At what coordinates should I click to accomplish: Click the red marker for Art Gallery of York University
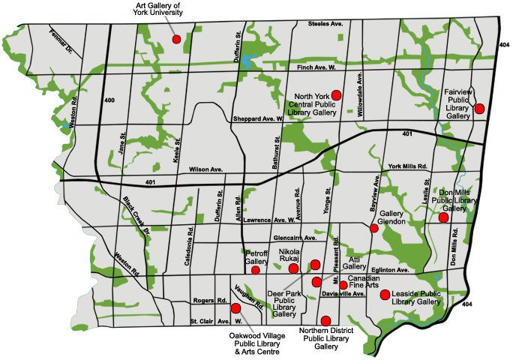pyautogui.click(x=176, y=39)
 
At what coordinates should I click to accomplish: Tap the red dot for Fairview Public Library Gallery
pyautogui.click(x=479, y=109)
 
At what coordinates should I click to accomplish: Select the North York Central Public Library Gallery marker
pyautogui.click(x=337, y=94)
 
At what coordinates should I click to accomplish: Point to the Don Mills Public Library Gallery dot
pyautogui.click(x=443, y=217)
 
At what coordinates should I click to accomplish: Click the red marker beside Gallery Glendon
pyautogui.click(x=374, y=228)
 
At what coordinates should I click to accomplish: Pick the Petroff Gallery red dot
pyautogui.click(x=255, y=270)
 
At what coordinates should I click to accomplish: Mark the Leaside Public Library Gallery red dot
pyautogui.click(x=385, y=295)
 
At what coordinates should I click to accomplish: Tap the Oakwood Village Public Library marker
pyautogui.click(x=235, y=308)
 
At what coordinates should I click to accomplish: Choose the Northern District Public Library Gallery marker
pyautogui.click(x=325, y=320)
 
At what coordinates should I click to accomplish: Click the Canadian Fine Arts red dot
pyautogui.click(x=343, y=285)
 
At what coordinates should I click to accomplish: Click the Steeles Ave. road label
pyautogui.click(x=325, y=25)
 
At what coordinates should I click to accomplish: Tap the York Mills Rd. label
pyautogui.click(x=407, y=166)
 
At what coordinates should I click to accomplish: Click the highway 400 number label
pyautogui.click(x=109, y=100)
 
